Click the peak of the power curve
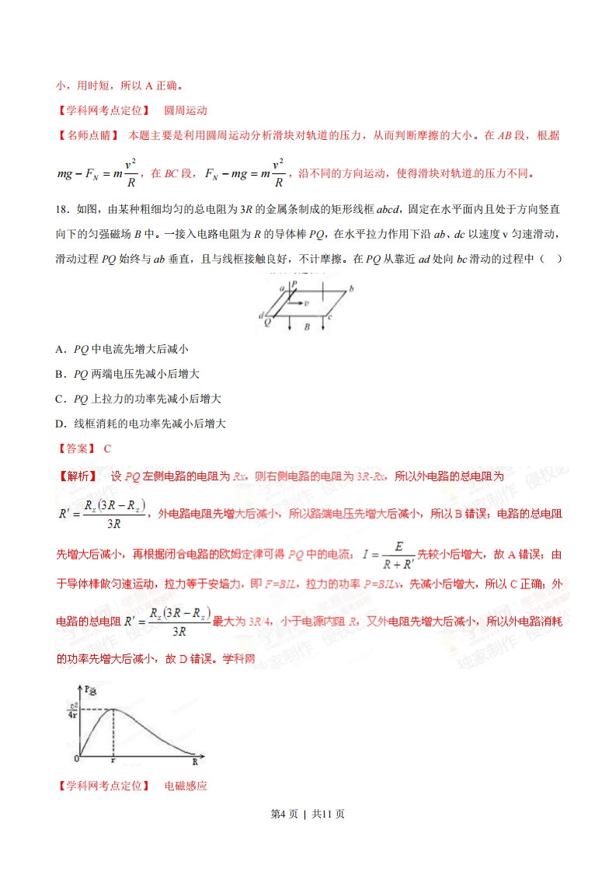click(113, 708)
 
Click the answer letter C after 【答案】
click(107, 448)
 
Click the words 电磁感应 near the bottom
click(186, 786)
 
